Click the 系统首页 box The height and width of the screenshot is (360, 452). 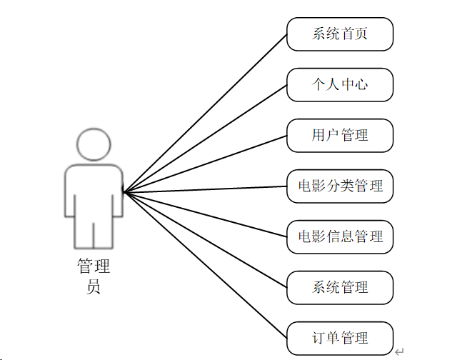pos(340,34)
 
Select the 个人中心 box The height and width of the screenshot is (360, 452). pos(340,85)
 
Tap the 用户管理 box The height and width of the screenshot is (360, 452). pos(340,136)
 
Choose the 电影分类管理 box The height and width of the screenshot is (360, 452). pos(340,186)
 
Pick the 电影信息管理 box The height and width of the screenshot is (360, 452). pos(340,236)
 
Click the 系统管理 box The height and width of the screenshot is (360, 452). pos(340,288)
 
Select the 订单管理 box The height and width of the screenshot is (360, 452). pos(340,338)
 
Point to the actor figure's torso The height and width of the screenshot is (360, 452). pos(94,189)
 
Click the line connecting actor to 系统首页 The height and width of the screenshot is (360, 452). pos(205,113)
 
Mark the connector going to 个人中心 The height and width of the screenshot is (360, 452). pos(205,138)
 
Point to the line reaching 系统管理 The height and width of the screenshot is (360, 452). pos(205,239)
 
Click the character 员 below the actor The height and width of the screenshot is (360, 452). pos(94,287)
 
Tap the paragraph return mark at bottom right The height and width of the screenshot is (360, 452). pos(399,351)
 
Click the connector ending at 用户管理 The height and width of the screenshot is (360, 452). pos(205,164)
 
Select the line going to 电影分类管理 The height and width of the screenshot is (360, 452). pos(205,189)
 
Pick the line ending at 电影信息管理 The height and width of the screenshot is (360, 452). pos(205,214)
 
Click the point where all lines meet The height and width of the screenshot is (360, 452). pos(124,191)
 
